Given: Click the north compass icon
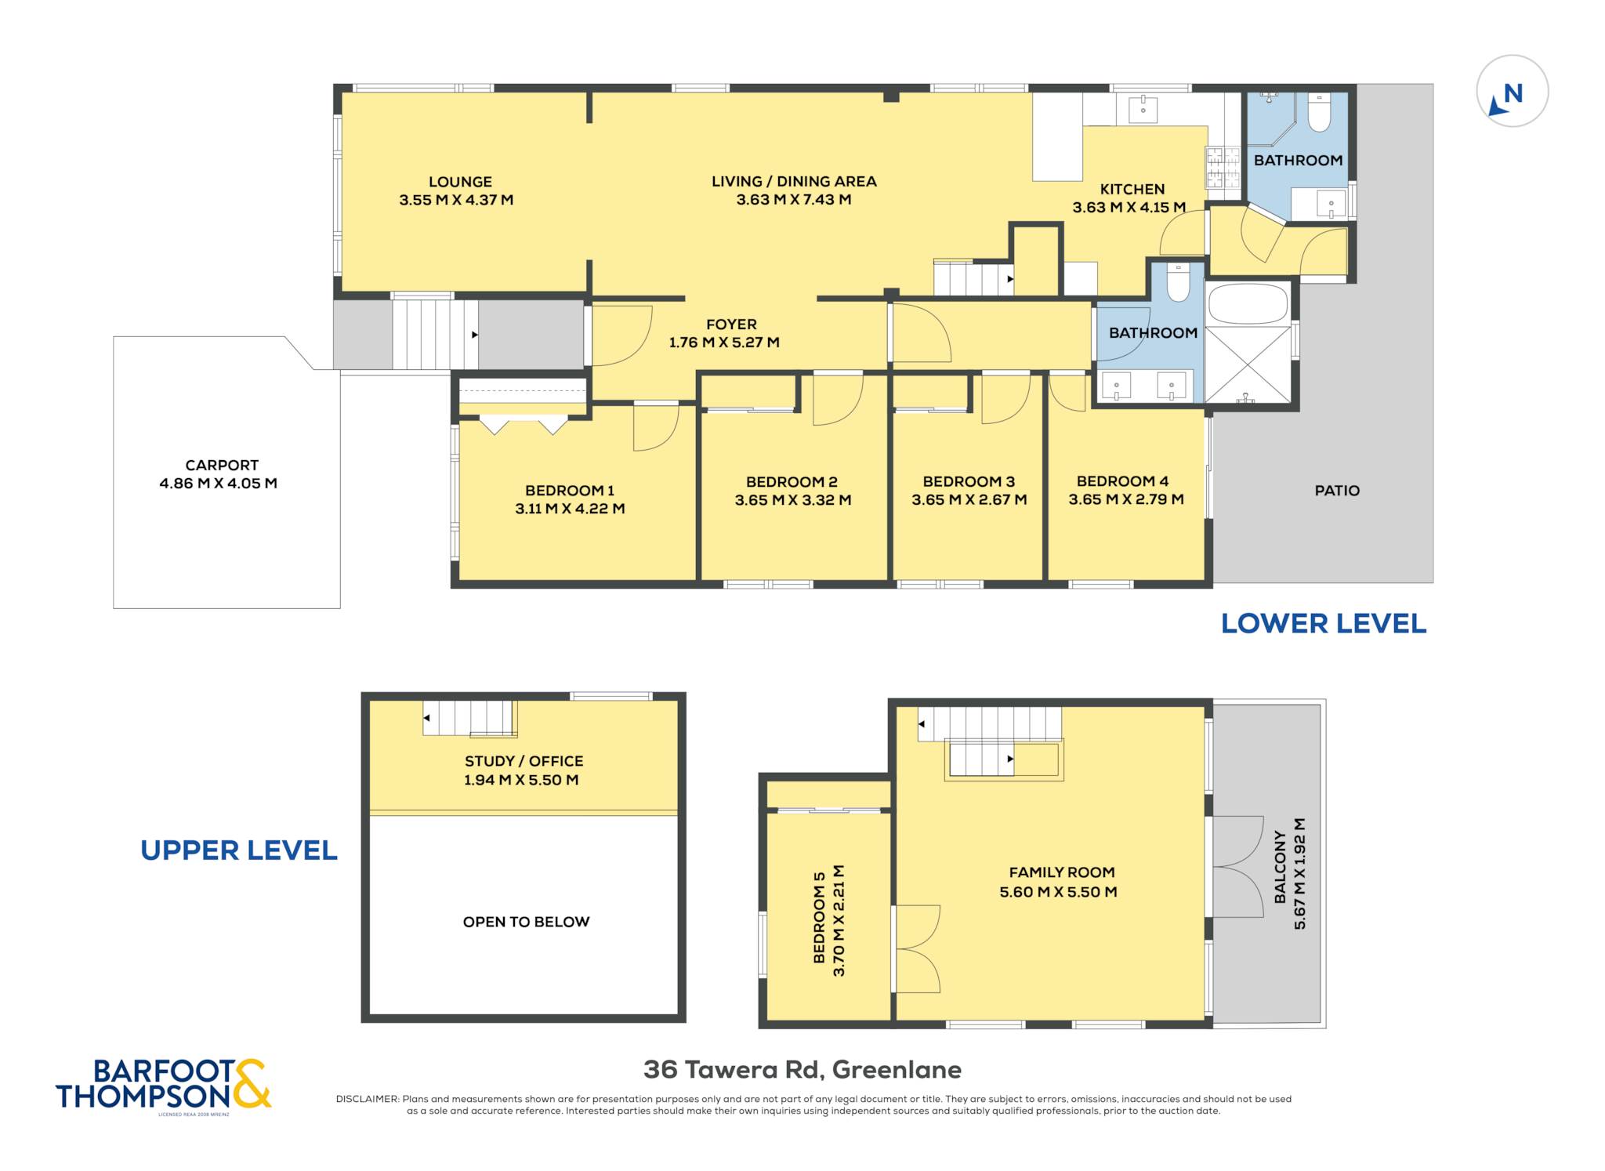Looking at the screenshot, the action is tap(1512, 91).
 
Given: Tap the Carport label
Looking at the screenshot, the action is tap(222, 465).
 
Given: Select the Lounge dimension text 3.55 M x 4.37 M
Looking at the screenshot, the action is tap(456, 200).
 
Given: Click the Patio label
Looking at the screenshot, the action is tap(1337, 491).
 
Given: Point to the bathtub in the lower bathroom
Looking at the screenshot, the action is tap(1248, 304).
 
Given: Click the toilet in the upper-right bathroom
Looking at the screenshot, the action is tap(1319, 113).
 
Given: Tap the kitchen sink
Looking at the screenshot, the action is tap(1143, 110).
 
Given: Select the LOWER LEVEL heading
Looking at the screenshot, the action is tap(1324, 624).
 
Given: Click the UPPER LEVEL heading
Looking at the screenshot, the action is tap(239, 850).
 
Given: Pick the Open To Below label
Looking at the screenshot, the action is tap(526, 922).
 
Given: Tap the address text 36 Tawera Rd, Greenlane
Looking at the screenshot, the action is tap(802, 1069).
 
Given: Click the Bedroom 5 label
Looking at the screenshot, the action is tap(819, 917).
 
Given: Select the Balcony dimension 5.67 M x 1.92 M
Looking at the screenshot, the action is tap(1300, 874).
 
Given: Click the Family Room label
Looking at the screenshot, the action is tap(1061, 872).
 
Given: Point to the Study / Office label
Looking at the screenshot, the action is tap(524, 761).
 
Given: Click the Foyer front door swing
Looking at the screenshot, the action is tap(621, 335).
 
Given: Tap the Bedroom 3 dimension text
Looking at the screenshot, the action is tap(969, 500).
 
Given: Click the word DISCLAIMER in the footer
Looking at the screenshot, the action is tap(368, 1099).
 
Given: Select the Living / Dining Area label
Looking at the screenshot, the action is tap(794, 182).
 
